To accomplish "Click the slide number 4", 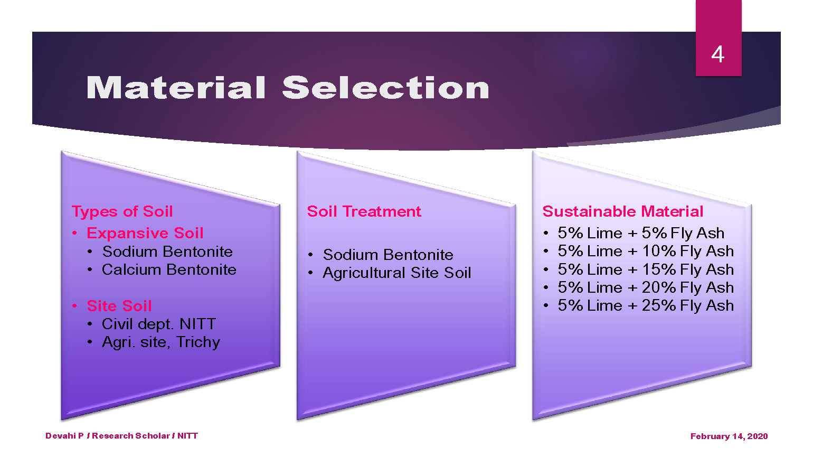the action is point(717,54).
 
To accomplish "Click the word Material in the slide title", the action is point(176,87).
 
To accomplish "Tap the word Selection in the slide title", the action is point(386,87).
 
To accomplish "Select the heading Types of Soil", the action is point(122,211).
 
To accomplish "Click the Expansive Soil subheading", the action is point(145,233).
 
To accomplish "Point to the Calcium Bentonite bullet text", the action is point(169,269).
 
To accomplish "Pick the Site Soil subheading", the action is point(119,306).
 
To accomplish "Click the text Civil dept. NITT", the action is point(158,324).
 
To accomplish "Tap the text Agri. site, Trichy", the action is point(161,342).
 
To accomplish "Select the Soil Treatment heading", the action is point(364,211).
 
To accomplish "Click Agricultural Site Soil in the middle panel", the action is point(396,273).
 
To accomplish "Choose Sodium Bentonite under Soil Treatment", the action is point(388,255).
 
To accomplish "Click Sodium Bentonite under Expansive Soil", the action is point(167,252).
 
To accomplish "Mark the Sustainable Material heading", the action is point(623,211).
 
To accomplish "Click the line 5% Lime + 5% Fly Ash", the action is point(641,233).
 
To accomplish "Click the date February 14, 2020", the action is point(729,436).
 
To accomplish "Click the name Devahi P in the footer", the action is point(64,435).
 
